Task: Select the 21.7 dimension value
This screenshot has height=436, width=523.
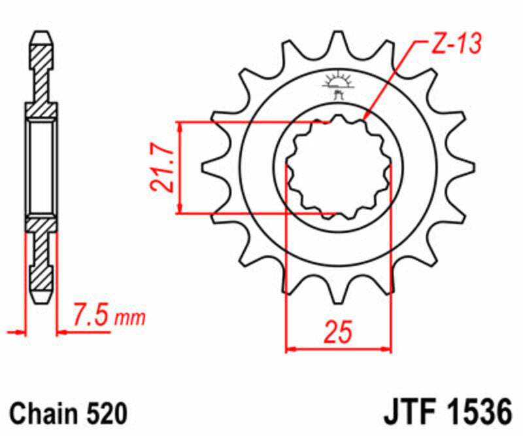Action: tap(161, 168)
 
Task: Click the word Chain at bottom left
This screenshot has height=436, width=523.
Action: tap(46, 414)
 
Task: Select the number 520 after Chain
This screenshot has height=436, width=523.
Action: tap(105, 414)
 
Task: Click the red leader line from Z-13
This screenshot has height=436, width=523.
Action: tap(392, 79)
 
